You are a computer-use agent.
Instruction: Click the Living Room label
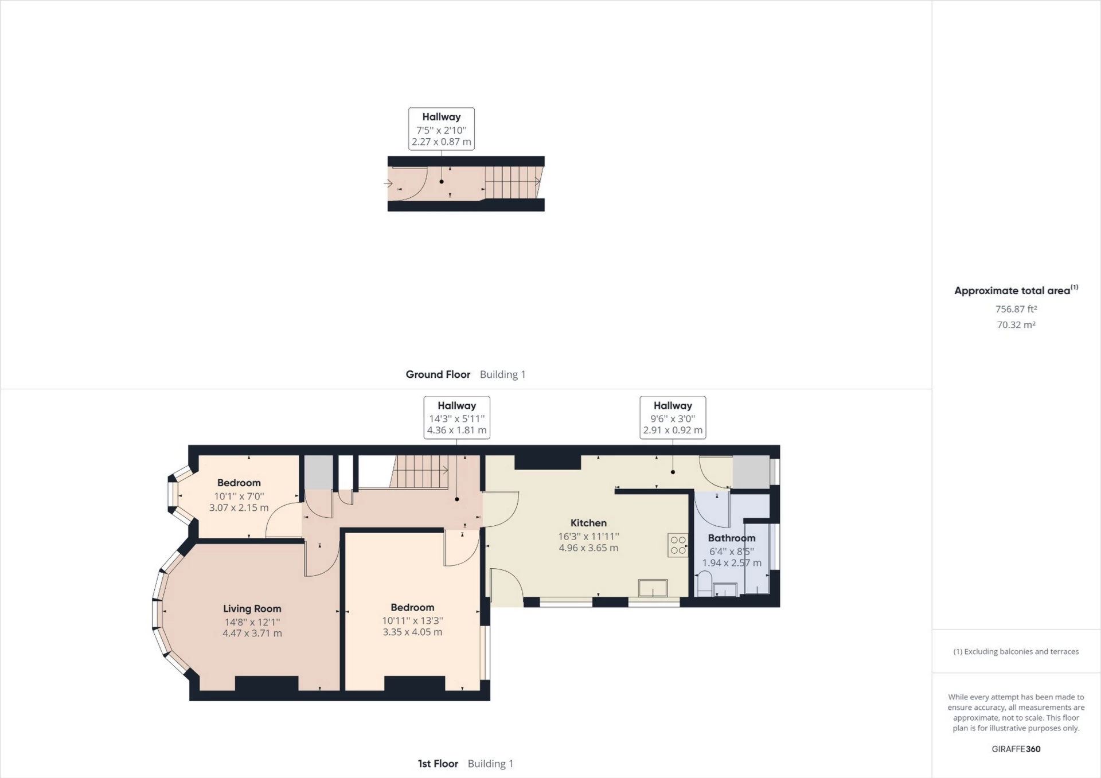point(252,608)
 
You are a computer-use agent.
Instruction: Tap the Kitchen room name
point(588,522)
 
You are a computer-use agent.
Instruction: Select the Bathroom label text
point(731,538)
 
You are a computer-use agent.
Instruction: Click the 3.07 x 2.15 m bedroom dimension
point(239,507)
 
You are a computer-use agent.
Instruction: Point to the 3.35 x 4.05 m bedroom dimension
point(412,632)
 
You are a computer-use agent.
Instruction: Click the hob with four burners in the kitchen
point(678,545)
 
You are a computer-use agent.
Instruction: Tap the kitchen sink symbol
point(653,588)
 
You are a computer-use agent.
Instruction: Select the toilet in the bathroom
point(704,584)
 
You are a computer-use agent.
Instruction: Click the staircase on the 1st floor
point(420,471)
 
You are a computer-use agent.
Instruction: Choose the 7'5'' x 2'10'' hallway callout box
point(441,129)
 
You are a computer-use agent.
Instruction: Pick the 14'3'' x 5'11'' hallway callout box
point(456,417)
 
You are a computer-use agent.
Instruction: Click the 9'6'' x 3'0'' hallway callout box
point(673,417)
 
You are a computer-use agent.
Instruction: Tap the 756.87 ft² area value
point(1016,309)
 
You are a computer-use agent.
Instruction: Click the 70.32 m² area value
point(1016,325)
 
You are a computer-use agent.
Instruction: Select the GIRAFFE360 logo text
point(1016,749)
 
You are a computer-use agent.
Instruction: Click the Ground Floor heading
point(438,374)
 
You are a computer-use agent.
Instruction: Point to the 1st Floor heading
point(438,764)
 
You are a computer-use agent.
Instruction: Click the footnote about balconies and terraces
point(1016,651)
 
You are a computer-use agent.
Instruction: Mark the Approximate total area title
point(1012,291)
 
